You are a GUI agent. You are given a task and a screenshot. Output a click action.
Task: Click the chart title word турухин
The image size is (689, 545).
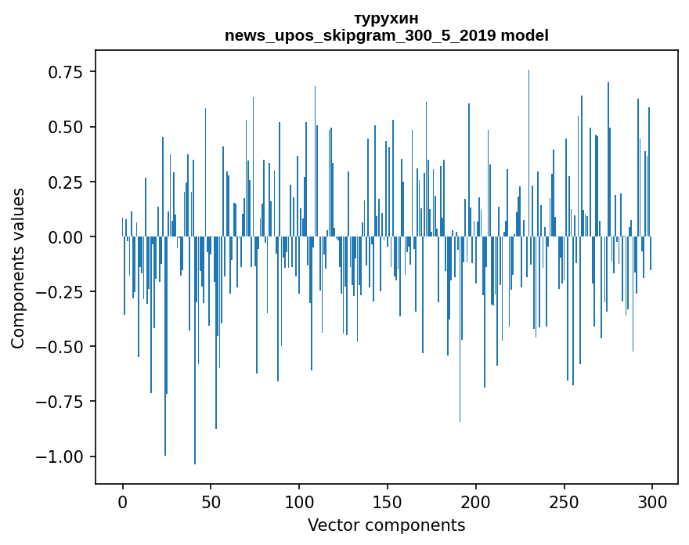[x=386, y=18]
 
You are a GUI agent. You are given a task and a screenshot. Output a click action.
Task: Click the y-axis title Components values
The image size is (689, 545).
[x=18, y=268]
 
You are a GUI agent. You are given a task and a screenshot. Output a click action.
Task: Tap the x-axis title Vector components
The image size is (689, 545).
[x=386, y=525]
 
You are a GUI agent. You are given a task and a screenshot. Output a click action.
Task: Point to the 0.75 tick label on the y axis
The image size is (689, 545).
[x=66, y=72]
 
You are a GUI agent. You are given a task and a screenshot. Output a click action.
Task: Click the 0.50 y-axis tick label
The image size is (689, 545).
[x=66, y=127]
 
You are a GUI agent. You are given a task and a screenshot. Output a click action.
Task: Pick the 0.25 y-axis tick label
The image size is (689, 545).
[x=66, y=182]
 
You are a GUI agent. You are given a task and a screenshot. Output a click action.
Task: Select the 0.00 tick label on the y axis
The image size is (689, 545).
[x=66, y=236]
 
